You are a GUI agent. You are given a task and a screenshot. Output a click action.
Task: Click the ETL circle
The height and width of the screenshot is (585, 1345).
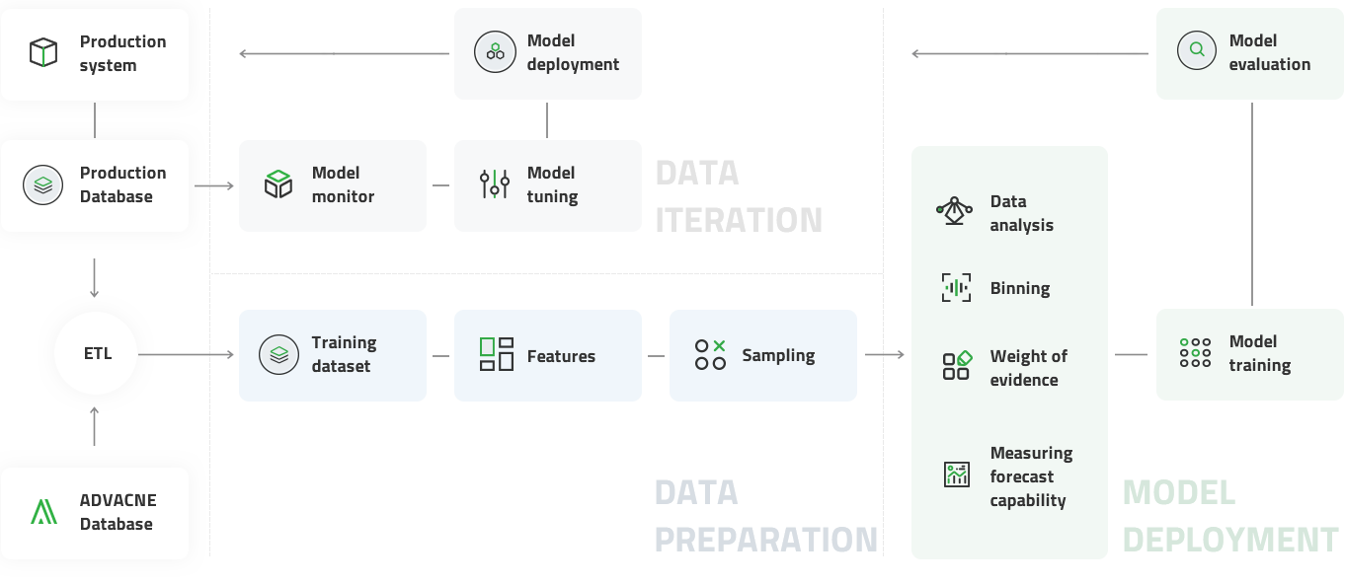[x=96, y=353]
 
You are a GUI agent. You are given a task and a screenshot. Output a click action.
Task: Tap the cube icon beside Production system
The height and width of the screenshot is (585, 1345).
[x=43, y=53]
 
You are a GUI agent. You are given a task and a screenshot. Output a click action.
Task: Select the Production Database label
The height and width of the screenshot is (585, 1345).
[x=122, y=184]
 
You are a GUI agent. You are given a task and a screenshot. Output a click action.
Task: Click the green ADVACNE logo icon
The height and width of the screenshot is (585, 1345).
[x=43, y=511]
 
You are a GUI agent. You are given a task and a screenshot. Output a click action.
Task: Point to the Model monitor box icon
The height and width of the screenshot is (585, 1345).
[x=278, y=184]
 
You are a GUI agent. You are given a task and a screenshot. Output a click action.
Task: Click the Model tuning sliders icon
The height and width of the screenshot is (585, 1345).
[x=495, y=184]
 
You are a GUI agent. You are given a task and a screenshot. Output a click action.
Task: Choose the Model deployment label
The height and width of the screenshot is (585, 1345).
[x=573, y=52]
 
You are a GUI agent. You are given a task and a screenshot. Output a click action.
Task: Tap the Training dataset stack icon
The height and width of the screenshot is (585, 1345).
[x=278, y=354]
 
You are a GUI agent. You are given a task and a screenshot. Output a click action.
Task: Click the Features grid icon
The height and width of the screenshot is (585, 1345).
[x=496, y=354]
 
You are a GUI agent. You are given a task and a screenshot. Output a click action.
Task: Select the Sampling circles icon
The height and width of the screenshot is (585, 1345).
[x=710, y=354]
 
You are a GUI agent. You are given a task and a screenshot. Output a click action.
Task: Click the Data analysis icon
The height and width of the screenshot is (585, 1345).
[x=954, y=211]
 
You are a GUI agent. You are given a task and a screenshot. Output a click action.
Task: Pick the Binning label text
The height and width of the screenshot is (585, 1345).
[x=1019, y=288]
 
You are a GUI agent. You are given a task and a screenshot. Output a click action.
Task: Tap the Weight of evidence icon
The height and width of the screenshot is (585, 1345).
[x=956, y=365]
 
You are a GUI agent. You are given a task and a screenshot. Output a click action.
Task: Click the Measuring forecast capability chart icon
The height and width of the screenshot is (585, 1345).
[x=956, y=475]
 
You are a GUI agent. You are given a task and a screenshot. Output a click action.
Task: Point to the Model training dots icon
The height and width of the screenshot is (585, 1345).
[x=1196, y=352]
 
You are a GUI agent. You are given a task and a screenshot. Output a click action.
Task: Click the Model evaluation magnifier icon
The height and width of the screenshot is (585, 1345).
[x=1197, y=50]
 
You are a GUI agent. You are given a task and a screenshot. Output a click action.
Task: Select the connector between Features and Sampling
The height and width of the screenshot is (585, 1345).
[x=656, y=355]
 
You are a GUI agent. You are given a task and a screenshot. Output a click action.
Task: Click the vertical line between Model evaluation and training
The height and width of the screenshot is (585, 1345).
[x=1252, y=203]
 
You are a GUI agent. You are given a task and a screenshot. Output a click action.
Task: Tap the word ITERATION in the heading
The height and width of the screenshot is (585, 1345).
[x=739, y=219]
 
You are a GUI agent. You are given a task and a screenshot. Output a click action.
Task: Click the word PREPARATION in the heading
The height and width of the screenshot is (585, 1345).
[x=766, y=539]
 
